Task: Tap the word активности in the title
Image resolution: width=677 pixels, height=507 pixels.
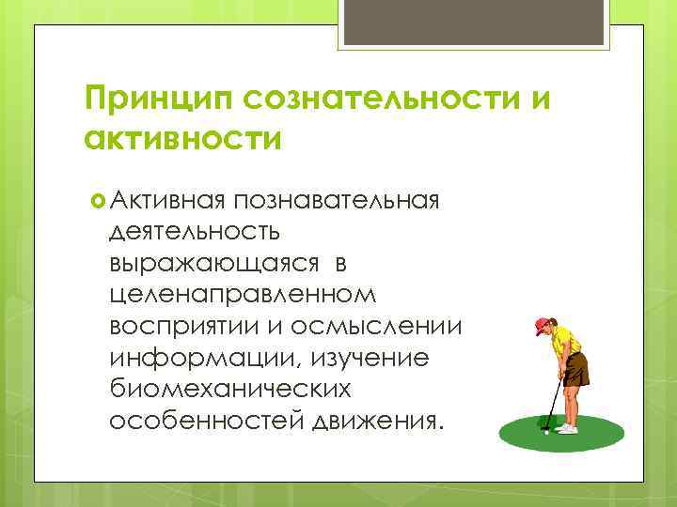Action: [182, 140]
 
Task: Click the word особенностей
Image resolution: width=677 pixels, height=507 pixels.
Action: [204, 420]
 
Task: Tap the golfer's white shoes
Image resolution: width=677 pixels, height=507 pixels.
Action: [566, 429]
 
